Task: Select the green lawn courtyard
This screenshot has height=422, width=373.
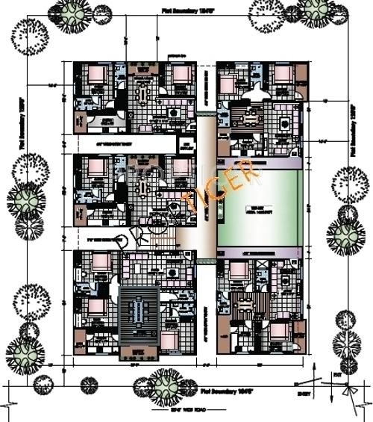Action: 260,208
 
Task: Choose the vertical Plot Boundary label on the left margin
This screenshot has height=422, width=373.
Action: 22,123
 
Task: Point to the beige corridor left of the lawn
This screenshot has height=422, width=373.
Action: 205,187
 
